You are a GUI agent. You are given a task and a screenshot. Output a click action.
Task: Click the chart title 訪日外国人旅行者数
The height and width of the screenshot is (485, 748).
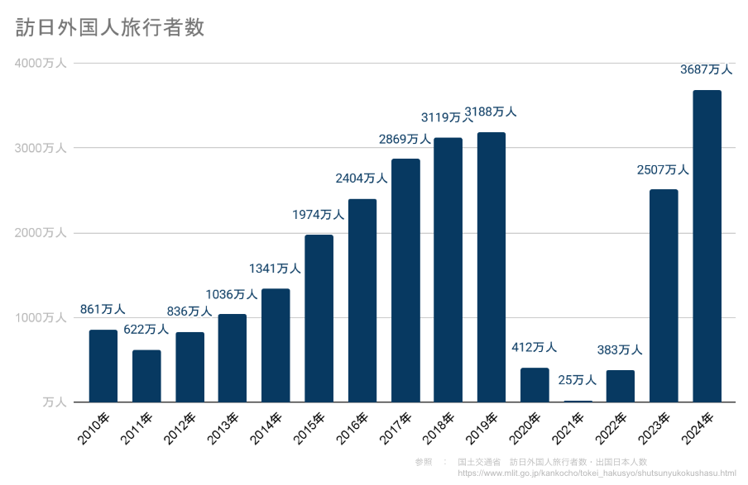(110, 27)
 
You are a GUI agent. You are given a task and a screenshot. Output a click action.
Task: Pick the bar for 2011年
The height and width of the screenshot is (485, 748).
(146, 376)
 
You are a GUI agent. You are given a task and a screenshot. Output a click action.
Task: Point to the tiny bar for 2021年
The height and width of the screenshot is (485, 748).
(578, 401)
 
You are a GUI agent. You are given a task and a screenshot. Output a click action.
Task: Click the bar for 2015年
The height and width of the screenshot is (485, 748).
(319, 318)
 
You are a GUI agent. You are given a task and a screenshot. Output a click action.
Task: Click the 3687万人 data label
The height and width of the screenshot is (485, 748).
(706, 70)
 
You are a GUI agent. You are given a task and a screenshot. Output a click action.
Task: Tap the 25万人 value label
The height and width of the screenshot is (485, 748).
(577, 380)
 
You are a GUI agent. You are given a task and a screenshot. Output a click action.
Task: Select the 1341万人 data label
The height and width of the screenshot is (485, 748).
(275, 269)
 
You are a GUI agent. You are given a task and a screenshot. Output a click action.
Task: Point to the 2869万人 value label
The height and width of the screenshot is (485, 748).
(405, 139)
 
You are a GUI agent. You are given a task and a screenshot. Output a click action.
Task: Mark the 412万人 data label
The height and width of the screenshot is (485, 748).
(534, 348)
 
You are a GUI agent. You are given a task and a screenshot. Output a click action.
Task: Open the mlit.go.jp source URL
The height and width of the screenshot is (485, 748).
(596, 473)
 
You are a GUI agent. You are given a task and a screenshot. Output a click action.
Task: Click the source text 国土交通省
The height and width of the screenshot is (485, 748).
(478, 462)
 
